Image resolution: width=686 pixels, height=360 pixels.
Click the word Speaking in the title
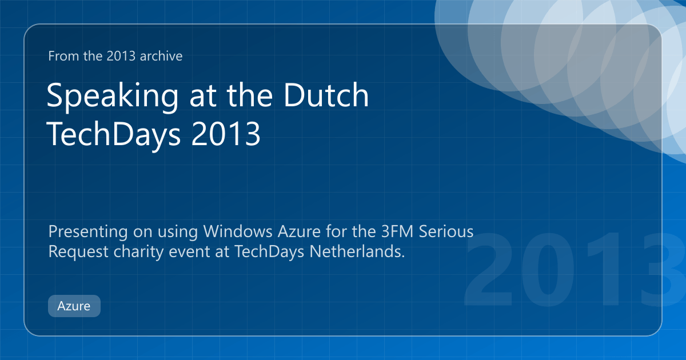pos(113,96)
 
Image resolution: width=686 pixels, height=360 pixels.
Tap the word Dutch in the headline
pos(326,95)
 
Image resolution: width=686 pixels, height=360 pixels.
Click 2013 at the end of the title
pos(226,134)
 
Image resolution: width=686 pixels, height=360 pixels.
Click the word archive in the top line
pos(161,56)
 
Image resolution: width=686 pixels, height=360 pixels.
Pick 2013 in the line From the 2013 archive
pos(121,56)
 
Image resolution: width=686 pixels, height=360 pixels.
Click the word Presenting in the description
pos(88,232)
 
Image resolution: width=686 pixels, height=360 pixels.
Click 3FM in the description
pos(397,231)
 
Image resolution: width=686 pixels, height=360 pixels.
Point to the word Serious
pos(446,231)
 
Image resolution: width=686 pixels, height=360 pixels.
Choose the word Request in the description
pos(78,252)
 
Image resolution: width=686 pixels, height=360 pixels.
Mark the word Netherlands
pos(357,251)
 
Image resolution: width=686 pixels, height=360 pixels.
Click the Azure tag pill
pos(74,306)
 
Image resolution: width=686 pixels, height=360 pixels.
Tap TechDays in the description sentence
pos(269,252)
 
